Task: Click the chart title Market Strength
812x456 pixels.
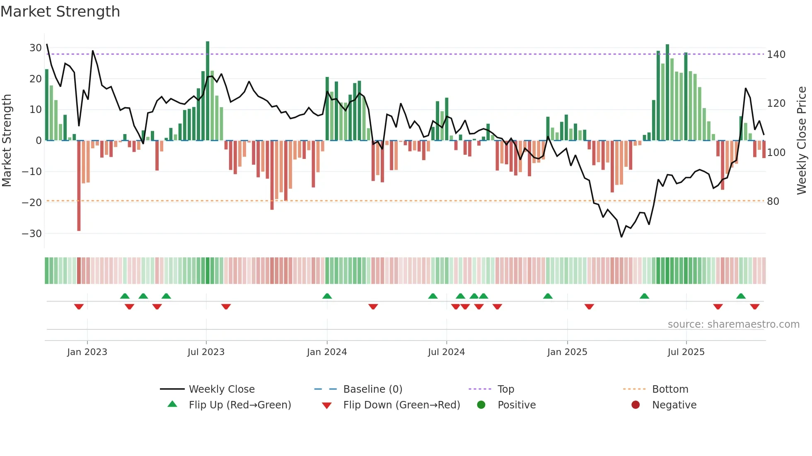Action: [x=60, y=12]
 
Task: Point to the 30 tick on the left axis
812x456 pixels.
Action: [x=35, y=48]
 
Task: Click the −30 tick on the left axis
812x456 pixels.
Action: [x=32, y=233]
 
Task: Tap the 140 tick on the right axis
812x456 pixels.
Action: [x=776, y=55]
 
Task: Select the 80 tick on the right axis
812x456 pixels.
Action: [x=773, y=202]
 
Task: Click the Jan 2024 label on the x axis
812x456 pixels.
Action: [x=326, y=352]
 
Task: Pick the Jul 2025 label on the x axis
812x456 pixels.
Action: [x=686, y=352]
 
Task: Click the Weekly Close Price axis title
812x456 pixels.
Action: [x=802, y=141]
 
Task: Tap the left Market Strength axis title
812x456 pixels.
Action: [x=7, y=141]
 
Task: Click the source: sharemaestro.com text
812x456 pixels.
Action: [x=733, y=324]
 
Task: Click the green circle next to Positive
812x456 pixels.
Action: [x=481, y=405]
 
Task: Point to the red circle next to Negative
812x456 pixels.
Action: [x=636, y=405]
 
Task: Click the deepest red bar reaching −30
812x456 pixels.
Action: [x=79, y=186]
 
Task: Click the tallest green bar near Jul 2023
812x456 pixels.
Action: [x=208, y=91]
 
